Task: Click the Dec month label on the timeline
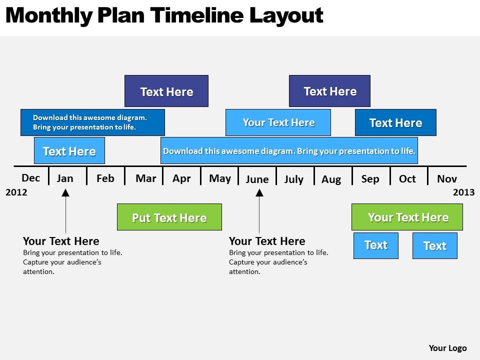point(30,178)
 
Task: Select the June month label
point(257,179)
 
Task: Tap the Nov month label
point(447,179)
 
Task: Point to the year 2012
point(16,192)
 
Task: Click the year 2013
point(463,192)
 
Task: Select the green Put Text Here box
point(169,217)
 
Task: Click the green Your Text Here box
point(407,217)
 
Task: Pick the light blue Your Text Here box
point(278,122)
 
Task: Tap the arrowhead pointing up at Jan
point(65,193)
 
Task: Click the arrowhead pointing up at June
point(259,193)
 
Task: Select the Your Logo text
point(447,348)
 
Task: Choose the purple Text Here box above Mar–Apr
point(166,91)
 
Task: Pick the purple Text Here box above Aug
point(329,91)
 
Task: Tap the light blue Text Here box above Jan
point(69,150)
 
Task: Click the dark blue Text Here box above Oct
point(396,122)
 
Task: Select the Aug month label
point(331,179)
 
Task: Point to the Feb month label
point(105,178)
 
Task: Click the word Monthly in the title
point(49,16)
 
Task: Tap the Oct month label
point(407,179)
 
